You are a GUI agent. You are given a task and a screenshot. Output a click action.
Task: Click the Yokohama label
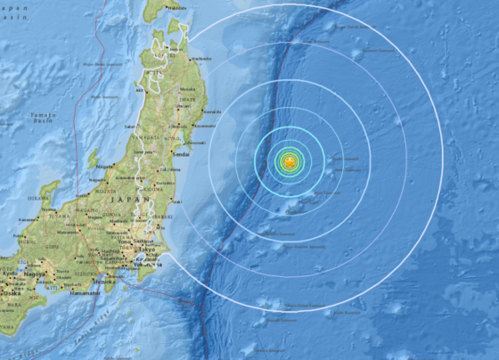143,265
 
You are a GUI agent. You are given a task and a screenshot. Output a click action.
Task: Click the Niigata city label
104,165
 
